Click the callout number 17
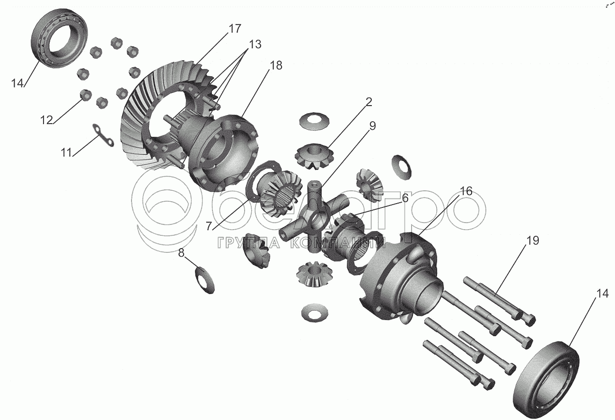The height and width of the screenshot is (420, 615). tap(235, 28)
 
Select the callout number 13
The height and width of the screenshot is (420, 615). tap(255, 44)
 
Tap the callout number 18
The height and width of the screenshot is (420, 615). tap(276, 65)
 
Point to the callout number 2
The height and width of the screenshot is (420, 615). tap(369, 102)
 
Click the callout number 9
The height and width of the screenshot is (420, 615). tap(372, 125)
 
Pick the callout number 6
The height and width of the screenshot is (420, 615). tap(405, 198)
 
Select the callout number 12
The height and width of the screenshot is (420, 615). tap(46, 120)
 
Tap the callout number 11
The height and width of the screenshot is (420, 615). tap(66, 152)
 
